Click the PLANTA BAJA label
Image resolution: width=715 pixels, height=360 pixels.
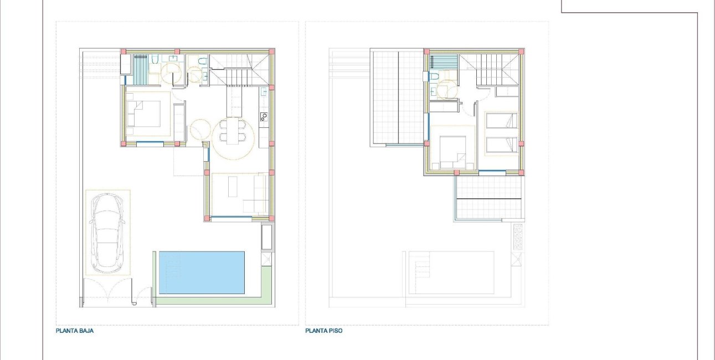pos(75,331)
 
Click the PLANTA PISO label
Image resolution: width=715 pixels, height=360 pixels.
pos(324,331)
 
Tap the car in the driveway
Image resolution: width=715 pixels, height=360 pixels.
pos(107,233)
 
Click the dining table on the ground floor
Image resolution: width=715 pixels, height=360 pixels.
pos(233,131)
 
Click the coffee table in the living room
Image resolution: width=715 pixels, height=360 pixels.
pos(233,187)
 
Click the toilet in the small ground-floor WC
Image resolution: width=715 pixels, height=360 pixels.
pos(202,61)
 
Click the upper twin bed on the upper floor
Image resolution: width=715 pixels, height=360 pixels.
pos(502,121)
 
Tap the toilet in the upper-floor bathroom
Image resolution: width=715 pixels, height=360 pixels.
pos(435,76)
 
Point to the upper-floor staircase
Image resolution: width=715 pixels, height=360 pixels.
pos(489,70)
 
